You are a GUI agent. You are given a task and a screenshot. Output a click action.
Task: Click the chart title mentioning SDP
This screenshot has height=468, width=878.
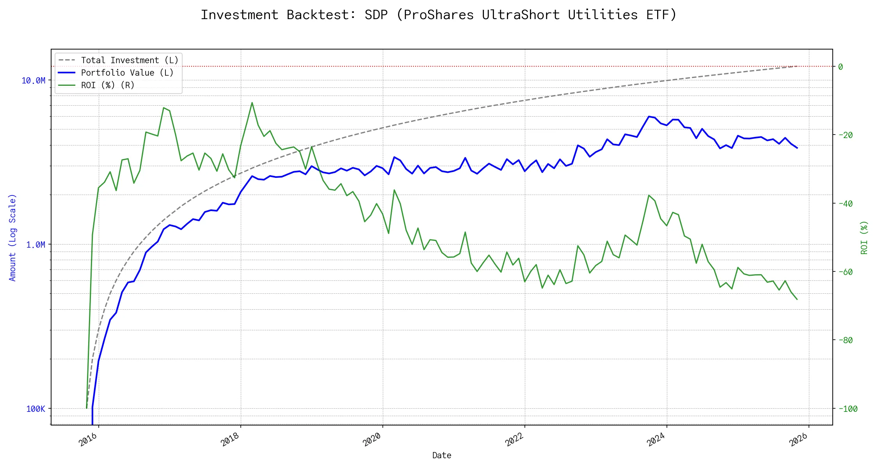439,15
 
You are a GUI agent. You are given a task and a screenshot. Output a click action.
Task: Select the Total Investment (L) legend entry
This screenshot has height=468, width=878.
130,60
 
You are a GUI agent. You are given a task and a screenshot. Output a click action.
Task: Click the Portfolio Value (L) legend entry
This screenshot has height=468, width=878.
127,73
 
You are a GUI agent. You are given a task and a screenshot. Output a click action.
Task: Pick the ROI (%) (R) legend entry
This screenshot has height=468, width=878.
108,85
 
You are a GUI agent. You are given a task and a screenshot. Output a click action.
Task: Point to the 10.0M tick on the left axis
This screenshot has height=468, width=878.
34,80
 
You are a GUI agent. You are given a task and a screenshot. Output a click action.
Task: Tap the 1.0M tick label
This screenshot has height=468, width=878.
36,245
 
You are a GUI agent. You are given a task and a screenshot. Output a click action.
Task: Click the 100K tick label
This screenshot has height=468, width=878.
36,409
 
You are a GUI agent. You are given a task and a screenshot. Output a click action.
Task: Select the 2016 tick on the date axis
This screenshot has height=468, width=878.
89,440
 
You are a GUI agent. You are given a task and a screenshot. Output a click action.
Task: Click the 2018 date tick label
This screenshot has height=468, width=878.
231,440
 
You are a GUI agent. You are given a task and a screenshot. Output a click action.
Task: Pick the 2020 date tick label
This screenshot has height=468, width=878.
373,440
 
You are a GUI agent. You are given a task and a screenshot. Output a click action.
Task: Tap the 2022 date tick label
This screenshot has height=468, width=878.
515,440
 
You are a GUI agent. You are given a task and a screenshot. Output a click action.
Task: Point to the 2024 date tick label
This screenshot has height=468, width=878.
657,440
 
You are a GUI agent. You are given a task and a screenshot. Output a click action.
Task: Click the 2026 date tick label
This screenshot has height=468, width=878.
799,440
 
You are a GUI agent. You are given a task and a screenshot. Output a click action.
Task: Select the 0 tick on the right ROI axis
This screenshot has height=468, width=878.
841,67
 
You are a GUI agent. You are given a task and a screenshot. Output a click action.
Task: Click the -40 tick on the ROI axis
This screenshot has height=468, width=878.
845,204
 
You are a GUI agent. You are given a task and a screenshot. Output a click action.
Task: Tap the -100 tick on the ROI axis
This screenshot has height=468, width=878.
848,409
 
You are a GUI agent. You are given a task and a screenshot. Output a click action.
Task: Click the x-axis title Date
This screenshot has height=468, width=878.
442,455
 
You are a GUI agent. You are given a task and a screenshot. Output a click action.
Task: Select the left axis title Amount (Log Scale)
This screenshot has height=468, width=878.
13,238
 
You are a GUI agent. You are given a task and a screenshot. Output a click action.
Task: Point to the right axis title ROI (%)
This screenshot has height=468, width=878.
864,238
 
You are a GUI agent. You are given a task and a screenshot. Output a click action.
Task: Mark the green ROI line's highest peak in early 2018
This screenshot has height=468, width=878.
252,103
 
